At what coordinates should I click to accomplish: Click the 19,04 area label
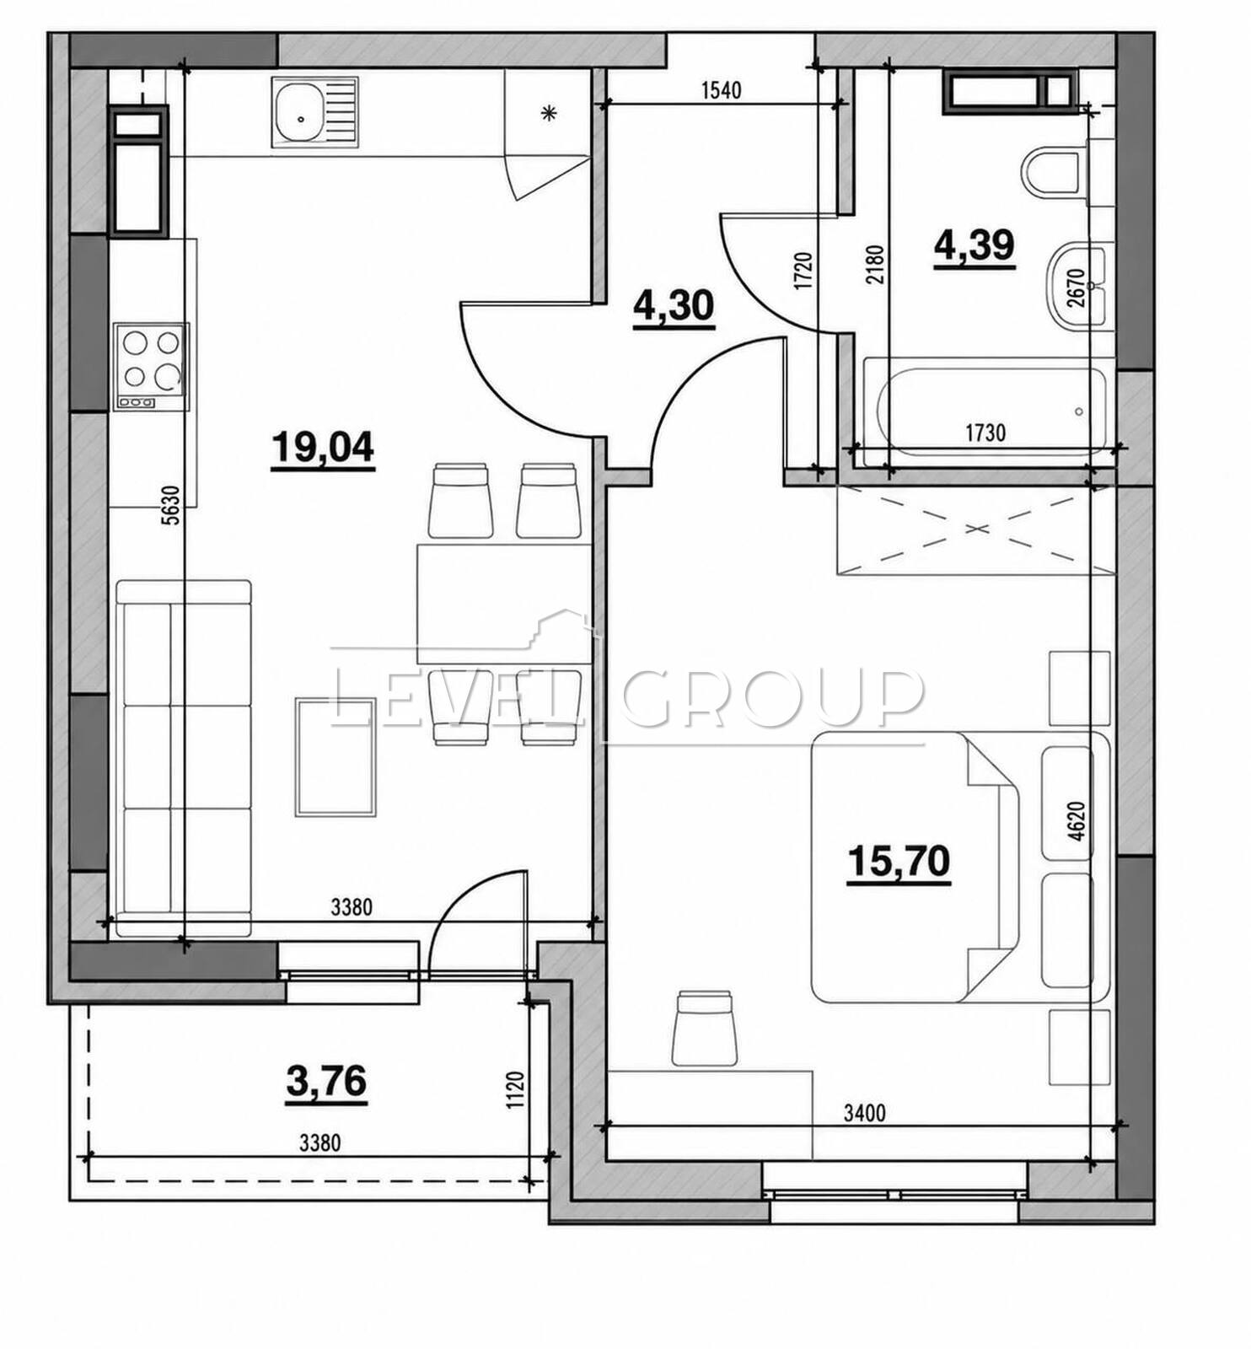(323, 448)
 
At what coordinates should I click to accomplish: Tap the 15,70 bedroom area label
(899, 861)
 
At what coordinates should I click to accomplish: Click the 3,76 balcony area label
(327, 1081)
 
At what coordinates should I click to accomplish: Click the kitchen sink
(314, 111)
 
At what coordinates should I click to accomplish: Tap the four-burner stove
(152, 367)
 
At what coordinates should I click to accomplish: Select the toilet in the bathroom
(1054, 174)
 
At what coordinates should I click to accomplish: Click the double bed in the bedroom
(915, 867)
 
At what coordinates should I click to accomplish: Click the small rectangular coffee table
(336, 756)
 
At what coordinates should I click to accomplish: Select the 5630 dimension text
(171, 506)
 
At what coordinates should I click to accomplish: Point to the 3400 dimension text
(865, 1114)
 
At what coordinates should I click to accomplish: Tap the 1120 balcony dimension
(517, 1089)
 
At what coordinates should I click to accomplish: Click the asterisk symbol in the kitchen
(549, 112)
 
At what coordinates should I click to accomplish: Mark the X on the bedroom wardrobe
(976, 529)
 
